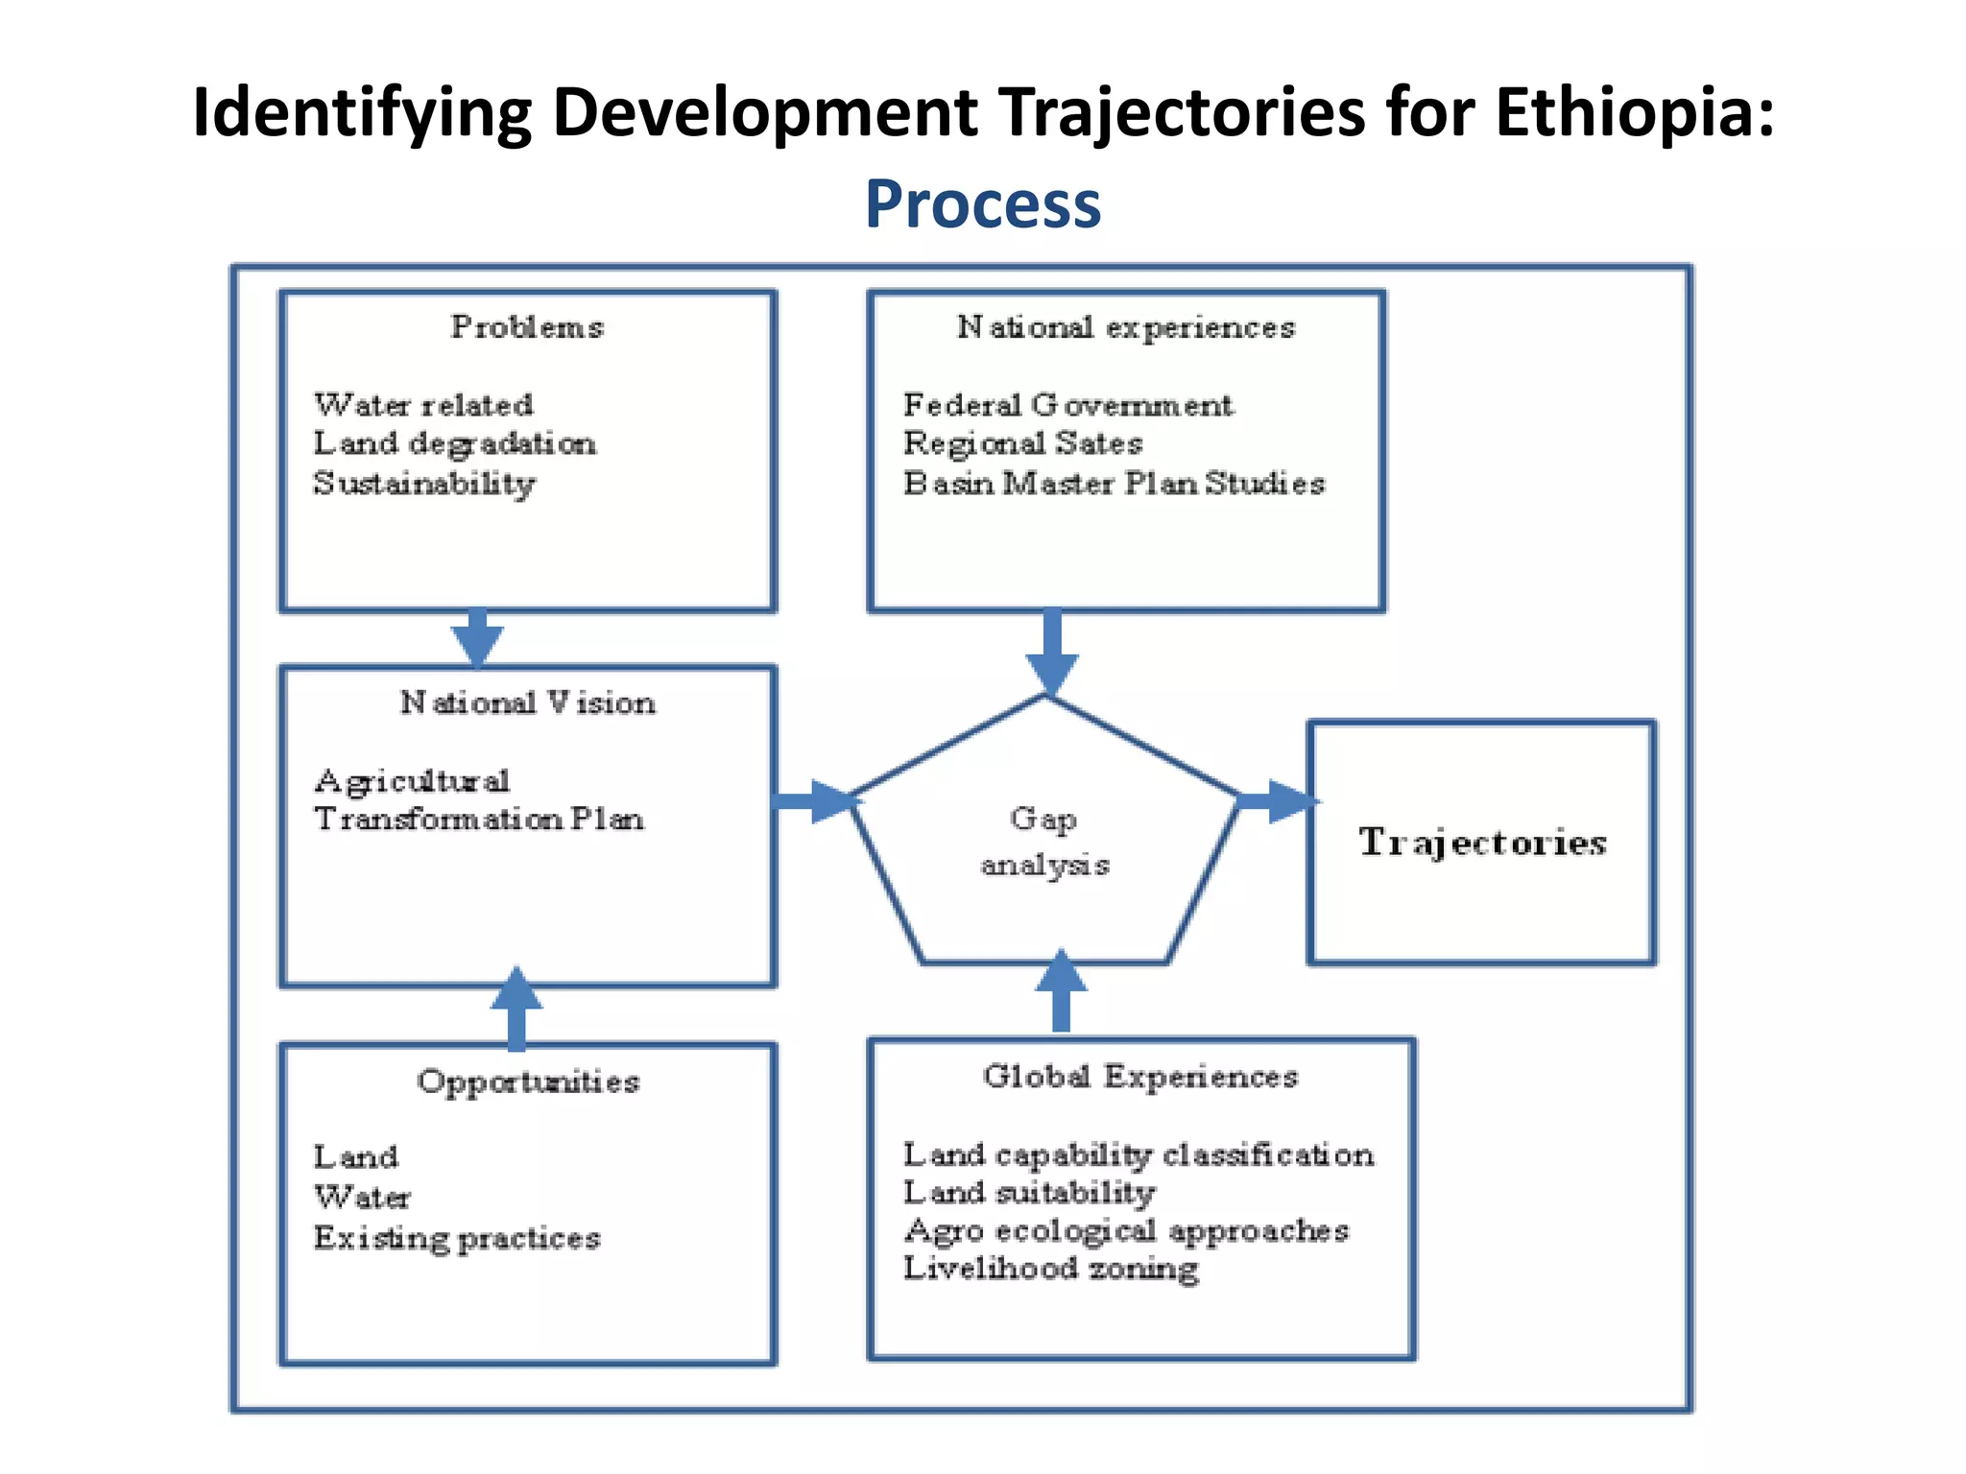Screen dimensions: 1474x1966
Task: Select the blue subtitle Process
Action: click(x=983, y=204)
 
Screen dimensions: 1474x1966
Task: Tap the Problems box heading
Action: click(x=527, y=327)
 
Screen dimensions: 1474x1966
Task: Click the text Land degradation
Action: click(x=454, y=443)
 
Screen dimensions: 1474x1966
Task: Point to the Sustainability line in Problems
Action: click(x=423, y=483)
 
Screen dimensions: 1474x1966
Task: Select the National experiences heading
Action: click(x=1125, y=327)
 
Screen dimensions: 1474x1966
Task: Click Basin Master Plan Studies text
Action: click(x=1114, y=483)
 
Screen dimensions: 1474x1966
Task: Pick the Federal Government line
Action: click(x=1067, y=405)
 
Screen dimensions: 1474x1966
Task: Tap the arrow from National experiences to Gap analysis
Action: click(x=1052, y=653)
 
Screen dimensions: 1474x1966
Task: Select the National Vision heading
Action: click(x=527, y=702)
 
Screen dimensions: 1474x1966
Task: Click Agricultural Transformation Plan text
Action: click(x=477, y=799)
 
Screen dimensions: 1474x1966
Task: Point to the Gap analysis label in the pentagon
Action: click(x=1044, y=841)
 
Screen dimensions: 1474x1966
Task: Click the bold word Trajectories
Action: click(x=1481, y=842)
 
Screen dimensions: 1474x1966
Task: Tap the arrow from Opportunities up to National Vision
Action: click(x=516, y=1008)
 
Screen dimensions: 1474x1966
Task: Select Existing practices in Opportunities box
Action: click(x=456, y=1237)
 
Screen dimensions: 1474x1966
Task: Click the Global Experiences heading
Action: click(x=1139, y=1076)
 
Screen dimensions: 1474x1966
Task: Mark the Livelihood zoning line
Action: click(x=1050, y=1268)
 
